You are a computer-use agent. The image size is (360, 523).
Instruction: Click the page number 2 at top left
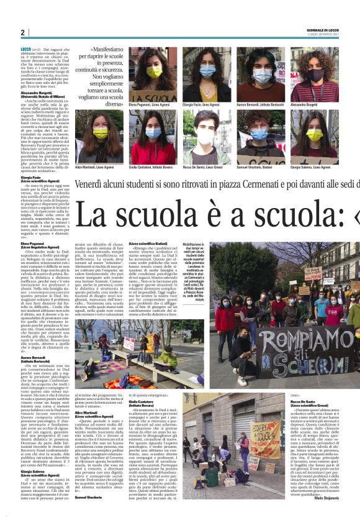[x=22, y=32]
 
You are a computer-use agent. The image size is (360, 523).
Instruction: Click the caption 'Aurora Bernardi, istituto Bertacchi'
[x=259, y=106]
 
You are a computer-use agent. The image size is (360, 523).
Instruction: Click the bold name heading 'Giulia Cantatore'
[x=142, y=402]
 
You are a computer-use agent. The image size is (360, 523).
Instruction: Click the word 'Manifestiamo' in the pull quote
[x=108, y=48]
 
